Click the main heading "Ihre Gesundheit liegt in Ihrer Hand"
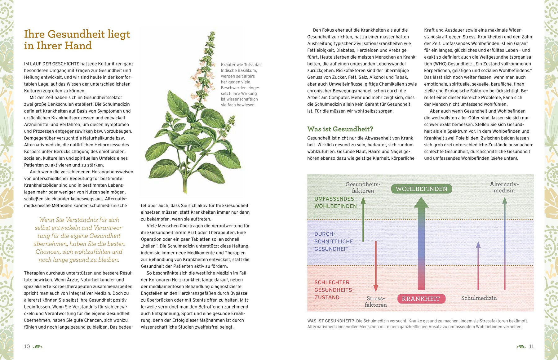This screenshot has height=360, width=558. click(x=77, y=40)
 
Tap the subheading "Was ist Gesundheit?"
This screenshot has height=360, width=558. click(x=340, y=129)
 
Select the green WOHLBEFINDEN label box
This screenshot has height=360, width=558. click(x=421, y=189)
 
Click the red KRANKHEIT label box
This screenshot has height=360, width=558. click(x=421, y=299)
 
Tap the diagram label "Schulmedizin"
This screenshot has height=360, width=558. click(x=479, y=298)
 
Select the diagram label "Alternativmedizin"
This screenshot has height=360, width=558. click(x=504, y=187)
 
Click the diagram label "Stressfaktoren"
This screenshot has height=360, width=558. click(x=376, y=301)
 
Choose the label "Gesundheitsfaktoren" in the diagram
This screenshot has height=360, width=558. click(x=363, y=187)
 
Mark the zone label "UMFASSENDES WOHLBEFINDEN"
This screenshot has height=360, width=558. click(x=335, y=202)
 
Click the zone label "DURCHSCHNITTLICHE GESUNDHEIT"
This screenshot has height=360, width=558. click(x=334, y=241)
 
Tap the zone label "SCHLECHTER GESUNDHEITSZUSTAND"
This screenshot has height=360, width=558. click(x=334, y=290)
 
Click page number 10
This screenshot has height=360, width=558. click(x=27, y=346)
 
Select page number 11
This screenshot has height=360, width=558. click(x=531, y=346)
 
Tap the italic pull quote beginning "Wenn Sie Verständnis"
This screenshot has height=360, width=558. click(x=79, y=240)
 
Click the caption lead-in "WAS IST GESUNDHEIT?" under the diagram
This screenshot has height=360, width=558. click(x=330, y=321)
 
